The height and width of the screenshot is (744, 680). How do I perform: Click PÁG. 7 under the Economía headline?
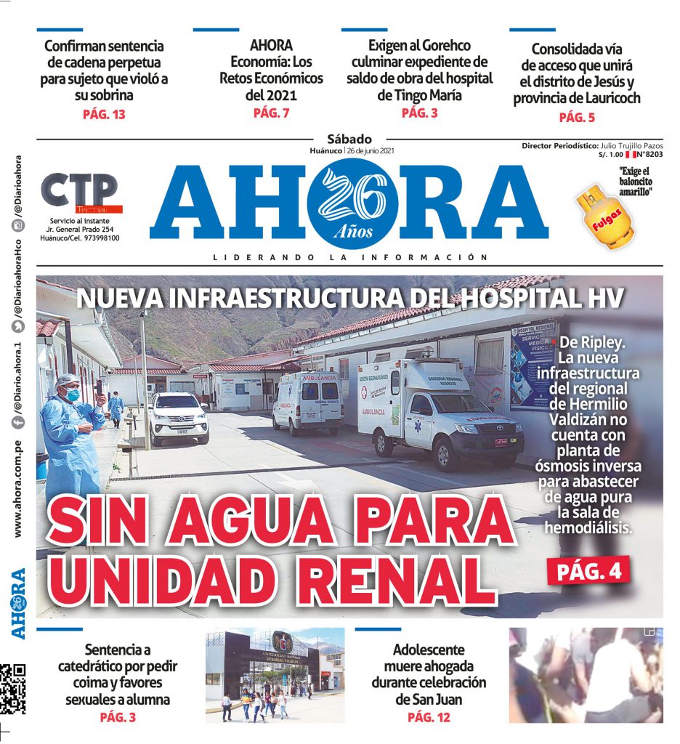coord(271,113)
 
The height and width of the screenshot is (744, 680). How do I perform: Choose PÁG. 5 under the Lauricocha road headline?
coord(576,118)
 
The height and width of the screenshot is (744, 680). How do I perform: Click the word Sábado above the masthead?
coord(349,139)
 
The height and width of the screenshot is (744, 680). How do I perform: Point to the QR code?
coord(12,688)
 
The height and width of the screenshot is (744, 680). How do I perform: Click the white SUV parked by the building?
coord(178,417)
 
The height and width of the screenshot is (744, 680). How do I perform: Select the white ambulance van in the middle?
coord(307,402)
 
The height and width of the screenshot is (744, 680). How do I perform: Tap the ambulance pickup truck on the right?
coord(438,413)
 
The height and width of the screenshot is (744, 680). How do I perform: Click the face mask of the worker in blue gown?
coord(73,395)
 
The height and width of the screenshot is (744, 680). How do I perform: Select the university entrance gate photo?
coord(274,675)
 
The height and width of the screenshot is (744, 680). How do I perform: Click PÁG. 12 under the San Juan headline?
coord(429,717)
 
